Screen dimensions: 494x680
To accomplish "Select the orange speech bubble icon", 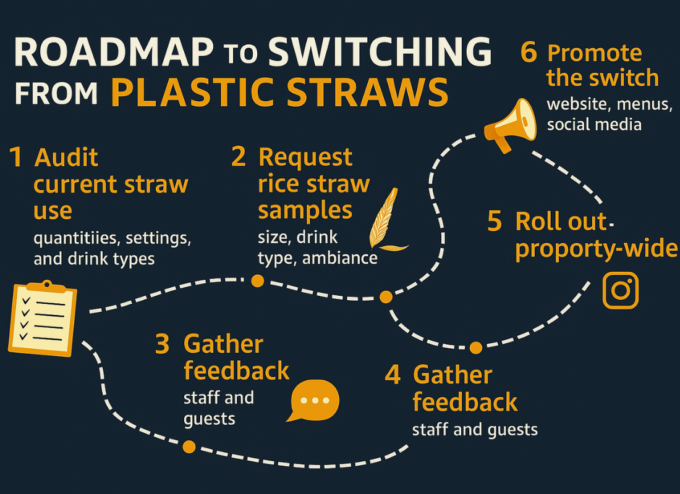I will point(315,400).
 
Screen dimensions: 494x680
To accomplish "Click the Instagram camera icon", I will point(620,290).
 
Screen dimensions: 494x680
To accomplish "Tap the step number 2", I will point(239,157).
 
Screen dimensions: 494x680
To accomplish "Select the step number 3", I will point(162,345).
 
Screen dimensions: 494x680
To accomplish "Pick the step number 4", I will point(393,375).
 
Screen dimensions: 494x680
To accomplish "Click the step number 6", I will point(529,53).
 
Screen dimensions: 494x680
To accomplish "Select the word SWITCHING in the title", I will point(380,53).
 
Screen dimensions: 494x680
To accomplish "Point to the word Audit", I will point(66,158).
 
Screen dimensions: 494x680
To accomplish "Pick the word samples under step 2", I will point(305,211).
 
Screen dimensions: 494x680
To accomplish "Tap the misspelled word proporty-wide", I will point(597,248).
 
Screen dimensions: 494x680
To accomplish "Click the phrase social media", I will point(593,124).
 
